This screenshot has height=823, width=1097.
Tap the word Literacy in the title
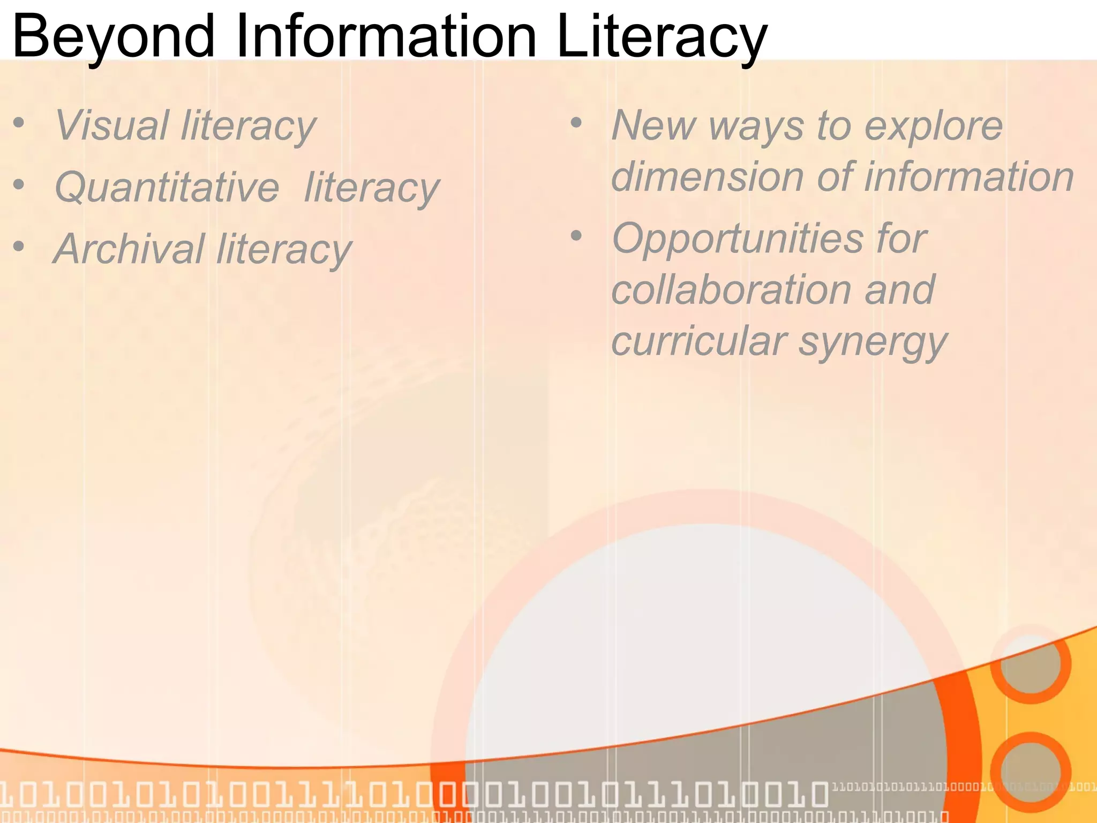pyautogui.click(x=662, y=36)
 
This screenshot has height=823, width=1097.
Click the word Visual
pyautogui.click(x=112, y=125)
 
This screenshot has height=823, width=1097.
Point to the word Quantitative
pyautogui.click(x=167, y=188)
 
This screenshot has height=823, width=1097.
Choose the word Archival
pyautogui.click(x=129, y=249)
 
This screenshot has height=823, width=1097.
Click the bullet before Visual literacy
pyautogui.click(x=19, y=123)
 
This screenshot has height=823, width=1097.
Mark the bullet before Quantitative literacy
pyautogui.click(x=19, y=185)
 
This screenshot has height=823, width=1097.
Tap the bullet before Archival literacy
pyautogui.click(x=19, y=247)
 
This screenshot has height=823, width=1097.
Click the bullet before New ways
pyautogui.click(x=576, y=123)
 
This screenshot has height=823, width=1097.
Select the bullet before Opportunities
pyautogui.click(x=576, y=236)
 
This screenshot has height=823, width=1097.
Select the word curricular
pyautogui.click(x=699, y=341)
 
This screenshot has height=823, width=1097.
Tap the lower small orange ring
pyautogui.click(x=1030, y=772)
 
